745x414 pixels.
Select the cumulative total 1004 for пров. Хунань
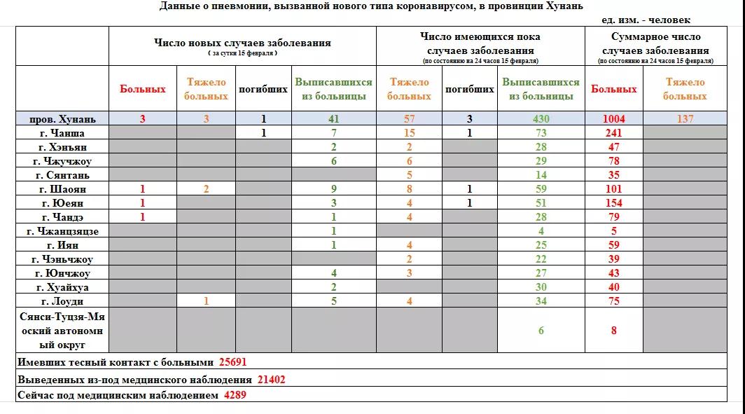coord(613,119)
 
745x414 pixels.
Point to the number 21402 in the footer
coord(271,380)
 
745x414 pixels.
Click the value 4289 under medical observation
coord(235,396)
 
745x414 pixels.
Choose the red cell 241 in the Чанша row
coord(613,133)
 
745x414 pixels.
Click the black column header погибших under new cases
coord(263,89)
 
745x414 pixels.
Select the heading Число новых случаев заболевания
coord(242,43)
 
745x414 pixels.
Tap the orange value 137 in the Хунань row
coord(685,119)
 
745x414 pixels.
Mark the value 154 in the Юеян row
coord(613,203)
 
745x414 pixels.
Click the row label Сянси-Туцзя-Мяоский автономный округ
coord(62,331)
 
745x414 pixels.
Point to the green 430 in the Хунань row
coord(541,119)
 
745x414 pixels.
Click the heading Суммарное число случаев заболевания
coord(655,43)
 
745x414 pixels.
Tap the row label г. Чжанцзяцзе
coord(63,231)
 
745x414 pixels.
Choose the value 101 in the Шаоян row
coord(613,189)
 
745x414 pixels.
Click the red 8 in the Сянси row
coord(613,331)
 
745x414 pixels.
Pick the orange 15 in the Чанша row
coord(410,133)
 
